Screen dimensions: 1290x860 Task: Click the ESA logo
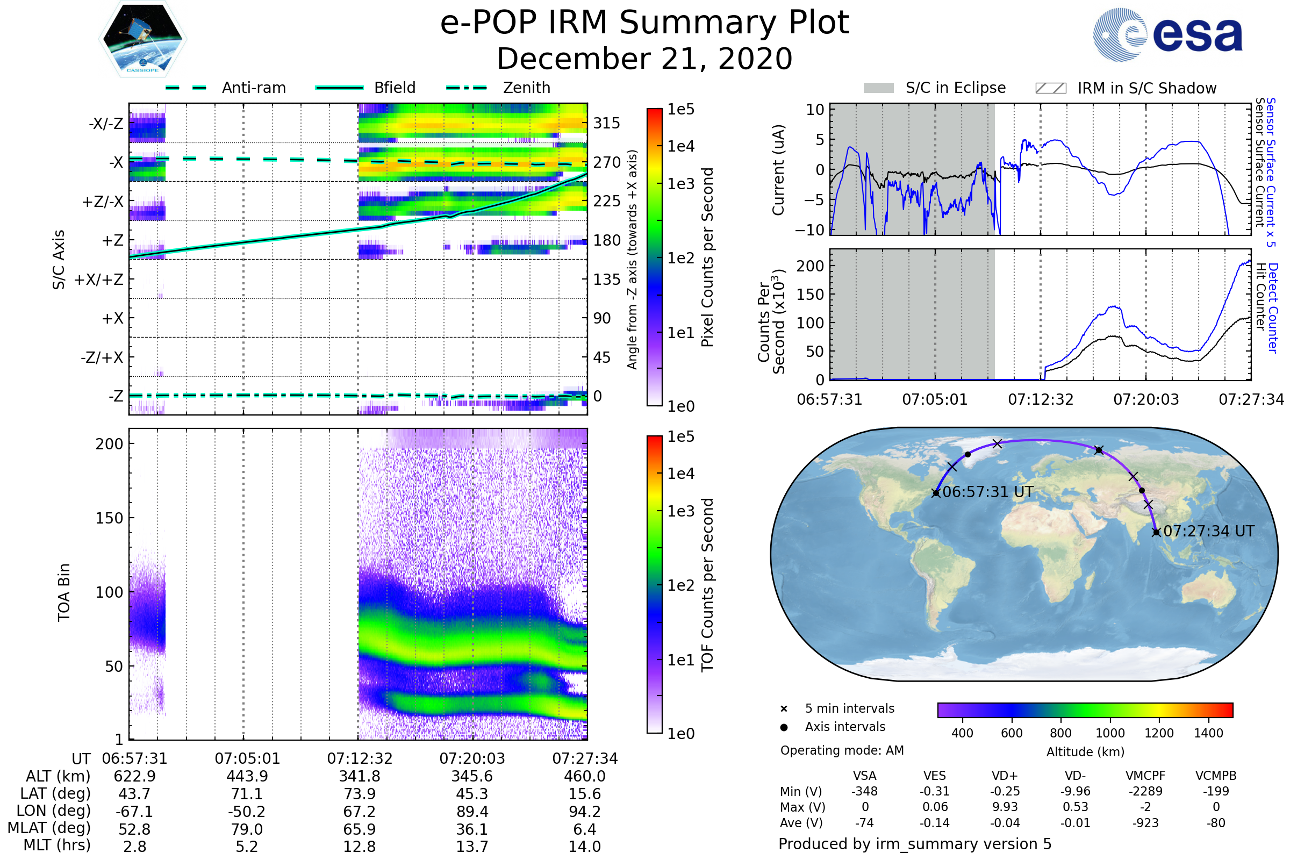[1167, 34]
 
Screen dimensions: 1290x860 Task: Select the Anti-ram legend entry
[225, 88]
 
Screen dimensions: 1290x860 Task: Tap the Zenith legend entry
[498, 88]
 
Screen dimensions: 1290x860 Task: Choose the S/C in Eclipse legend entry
[935, 88]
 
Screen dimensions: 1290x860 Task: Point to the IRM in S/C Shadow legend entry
[1126, 88]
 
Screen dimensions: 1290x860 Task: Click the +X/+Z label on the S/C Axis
[99, 279]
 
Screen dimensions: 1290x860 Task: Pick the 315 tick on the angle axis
[607, 123]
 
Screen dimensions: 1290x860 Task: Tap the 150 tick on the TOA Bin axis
[110, 518]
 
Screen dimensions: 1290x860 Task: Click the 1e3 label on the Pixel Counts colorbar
[680, 184]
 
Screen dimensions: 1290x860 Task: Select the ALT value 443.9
[247, 776]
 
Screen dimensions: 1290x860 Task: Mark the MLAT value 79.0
[247, 829]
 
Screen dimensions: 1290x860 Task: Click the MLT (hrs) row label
[57, 845]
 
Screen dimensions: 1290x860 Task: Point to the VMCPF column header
[1145, 776]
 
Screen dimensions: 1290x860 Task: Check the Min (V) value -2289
[1145, 791]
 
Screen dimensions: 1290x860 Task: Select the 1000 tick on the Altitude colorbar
[1110, 733]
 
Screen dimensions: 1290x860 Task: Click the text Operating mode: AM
[842, 750]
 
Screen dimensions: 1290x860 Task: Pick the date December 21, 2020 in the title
[644, 59]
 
